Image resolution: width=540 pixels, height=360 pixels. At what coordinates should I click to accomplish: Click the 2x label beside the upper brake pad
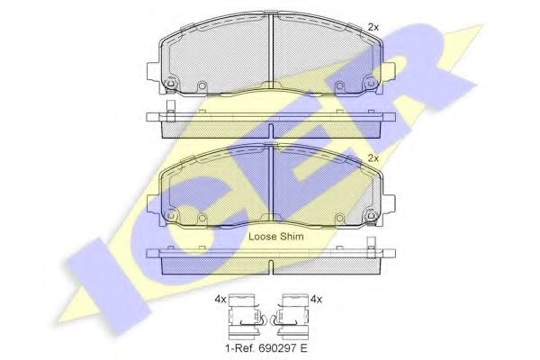(x=373, y=27)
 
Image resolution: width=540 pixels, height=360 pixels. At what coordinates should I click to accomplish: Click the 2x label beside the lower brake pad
(x=373, y=158)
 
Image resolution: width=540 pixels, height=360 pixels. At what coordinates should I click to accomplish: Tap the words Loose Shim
(x=276, y=237)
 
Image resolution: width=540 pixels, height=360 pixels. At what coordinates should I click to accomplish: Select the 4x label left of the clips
(x=220, y=300)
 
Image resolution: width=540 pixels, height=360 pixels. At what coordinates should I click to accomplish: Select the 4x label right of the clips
(x=316, y=300)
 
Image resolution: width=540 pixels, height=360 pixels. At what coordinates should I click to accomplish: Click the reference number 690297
(x=276, y=348)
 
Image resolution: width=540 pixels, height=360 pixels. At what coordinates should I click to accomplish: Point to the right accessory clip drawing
(x=291, y=316)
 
